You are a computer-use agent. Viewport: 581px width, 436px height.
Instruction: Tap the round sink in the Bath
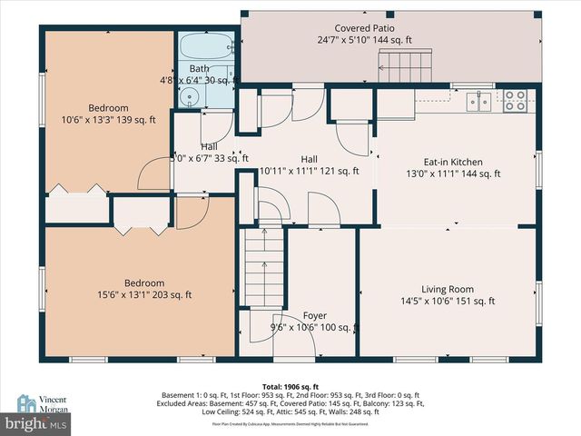click(192, 99)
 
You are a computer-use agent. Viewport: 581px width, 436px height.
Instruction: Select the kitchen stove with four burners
click(516, 100)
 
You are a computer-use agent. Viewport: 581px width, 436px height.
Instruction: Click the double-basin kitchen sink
click(480, 101)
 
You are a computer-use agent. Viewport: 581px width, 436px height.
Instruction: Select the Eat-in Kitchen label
click(454, 163)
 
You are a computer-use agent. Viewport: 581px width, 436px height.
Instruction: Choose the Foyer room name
click(314, 315)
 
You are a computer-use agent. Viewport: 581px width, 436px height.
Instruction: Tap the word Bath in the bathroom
click(198, 69)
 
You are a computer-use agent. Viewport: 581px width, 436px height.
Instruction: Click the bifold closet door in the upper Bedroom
click(77, 189)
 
